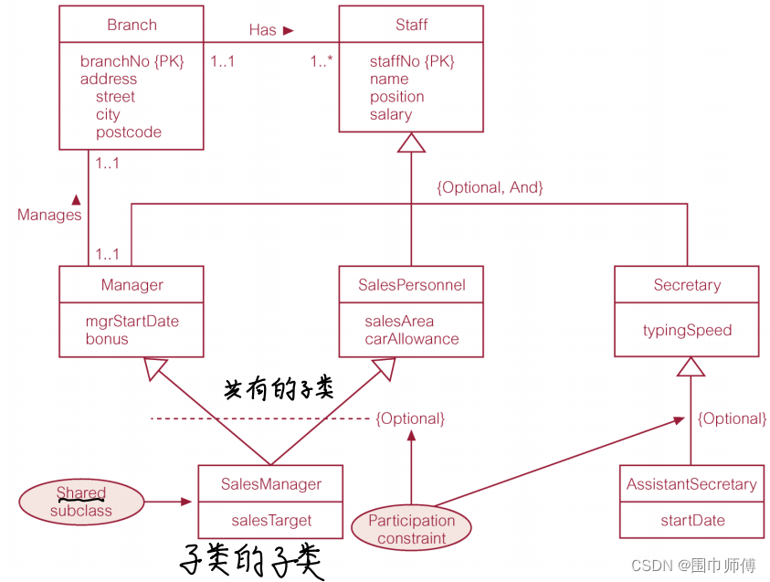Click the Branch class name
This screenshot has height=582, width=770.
132,25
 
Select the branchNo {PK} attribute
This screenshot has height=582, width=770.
132,61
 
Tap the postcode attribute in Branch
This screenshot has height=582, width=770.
128,132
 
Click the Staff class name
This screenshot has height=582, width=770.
411,25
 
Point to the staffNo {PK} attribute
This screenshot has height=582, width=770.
411,61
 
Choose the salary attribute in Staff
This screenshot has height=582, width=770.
390,114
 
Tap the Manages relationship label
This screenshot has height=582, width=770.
49,215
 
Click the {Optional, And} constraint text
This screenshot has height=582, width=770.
490,187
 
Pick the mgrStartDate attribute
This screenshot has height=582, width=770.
132,321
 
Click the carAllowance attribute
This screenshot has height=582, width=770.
411,339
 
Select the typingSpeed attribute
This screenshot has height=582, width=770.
687,330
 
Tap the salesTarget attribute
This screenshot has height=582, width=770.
271,520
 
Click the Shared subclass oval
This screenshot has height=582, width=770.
81,502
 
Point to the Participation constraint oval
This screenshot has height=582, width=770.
411,529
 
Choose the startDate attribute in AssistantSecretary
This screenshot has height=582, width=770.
691,520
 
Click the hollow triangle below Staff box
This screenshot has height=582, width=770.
411,143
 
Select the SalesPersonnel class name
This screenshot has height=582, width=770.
411,285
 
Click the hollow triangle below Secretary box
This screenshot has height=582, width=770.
691,366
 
